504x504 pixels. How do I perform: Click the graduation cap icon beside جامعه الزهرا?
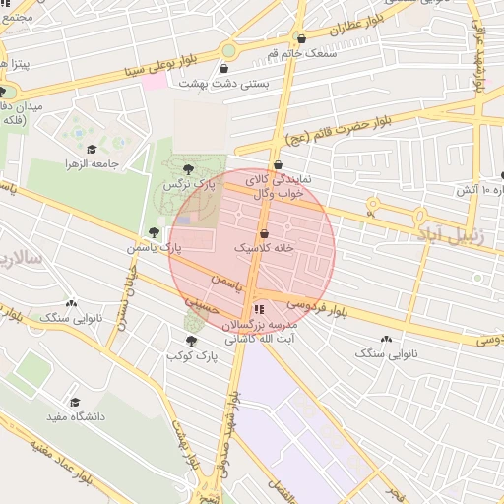coord(92,150)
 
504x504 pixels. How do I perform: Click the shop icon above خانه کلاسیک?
coord(264,234)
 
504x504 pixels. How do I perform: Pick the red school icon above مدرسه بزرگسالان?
coord(259,309)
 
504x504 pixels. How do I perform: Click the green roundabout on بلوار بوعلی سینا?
coord(228,49)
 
